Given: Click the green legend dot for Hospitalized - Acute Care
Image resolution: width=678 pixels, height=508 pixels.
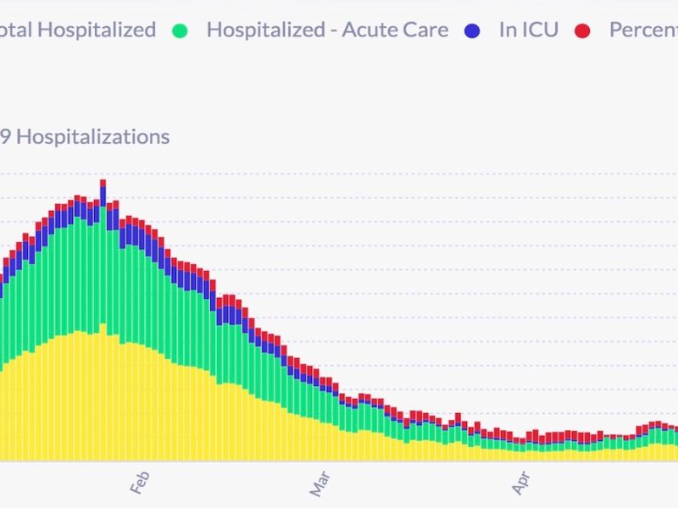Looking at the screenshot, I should [179, 30].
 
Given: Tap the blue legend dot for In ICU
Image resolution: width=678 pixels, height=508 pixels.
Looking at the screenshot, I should [473, 30].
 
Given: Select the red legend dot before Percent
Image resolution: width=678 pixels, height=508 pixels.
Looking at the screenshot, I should [582, 30].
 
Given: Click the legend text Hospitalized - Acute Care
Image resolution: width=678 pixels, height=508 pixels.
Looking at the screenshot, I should [327, 30].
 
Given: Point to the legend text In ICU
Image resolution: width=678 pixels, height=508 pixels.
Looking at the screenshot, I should [529, 30].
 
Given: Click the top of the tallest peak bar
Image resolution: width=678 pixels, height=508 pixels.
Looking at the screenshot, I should [103, 180].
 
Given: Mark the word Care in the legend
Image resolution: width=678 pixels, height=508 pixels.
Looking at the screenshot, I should [425, 30].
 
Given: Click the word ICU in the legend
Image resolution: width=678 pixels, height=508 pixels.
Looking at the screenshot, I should [540, 30].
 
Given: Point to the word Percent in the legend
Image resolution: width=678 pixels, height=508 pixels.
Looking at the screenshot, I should [642, 30].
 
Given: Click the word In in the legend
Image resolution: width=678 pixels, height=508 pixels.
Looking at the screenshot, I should [508, 30].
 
